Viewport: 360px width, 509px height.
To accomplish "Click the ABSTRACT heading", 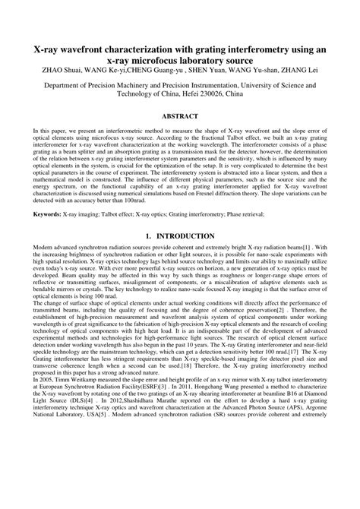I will pos(180,116).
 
